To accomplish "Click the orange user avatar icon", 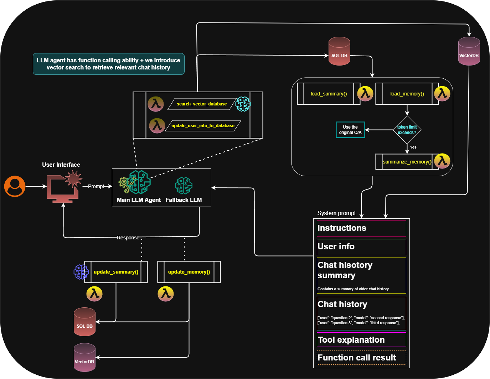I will (15, 186).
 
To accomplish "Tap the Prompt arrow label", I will (96, 186).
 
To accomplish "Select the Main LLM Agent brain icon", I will (139, 182).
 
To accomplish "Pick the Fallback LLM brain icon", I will (184, 186).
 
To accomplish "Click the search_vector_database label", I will (202, 104).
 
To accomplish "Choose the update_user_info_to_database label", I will (203, 126).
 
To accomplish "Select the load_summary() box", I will (329, 94).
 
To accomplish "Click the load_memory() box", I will (407, 94).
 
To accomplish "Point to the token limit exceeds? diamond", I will (407, 130).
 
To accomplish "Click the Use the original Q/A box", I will (350, 130).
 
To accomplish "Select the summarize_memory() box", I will (407, 162).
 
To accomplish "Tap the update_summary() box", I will (116, 272).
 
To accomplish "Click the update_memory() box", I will (189, 272).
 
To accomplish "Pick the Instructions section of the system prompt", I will (361, 228).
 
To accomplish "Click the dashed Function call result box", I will (361, 358).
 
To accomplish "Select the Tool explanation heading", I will (351, 340).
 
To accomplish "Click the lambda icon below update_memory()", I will (166, 294).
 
